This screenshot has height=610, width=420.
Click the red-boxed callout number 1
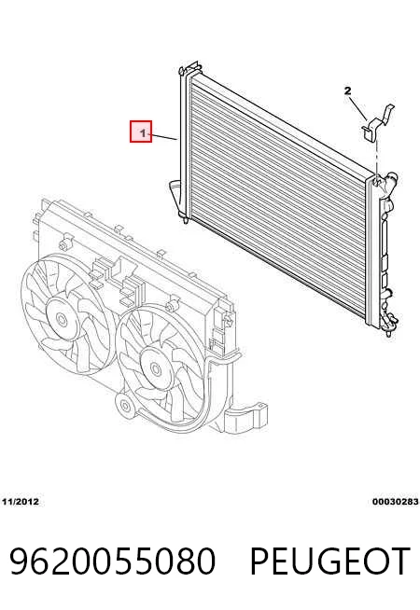point(143,133)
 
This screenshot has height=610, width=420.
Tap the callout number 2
point(347,91)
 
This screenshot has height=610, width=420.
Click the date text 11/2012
point(21,502)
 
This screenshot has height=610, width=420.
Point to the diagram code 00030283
point(395,502)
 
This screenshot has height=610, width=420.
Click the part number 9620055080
point(112,561)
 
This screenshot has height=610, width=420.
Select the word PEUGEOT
point(329,561)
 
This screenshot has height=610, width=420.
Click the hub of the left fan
point(62,320)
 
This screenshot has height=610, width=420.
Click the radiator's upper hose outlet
point(389,182)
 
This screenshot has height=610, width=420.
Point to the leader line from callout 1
point(164,136)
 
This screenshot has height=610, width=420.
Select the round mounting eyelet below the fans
point(125,406)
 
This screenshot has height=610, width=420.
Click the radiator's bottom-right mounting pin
point(390,332)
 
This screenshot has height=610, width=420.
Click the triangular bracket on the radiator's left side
point(175,196)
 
